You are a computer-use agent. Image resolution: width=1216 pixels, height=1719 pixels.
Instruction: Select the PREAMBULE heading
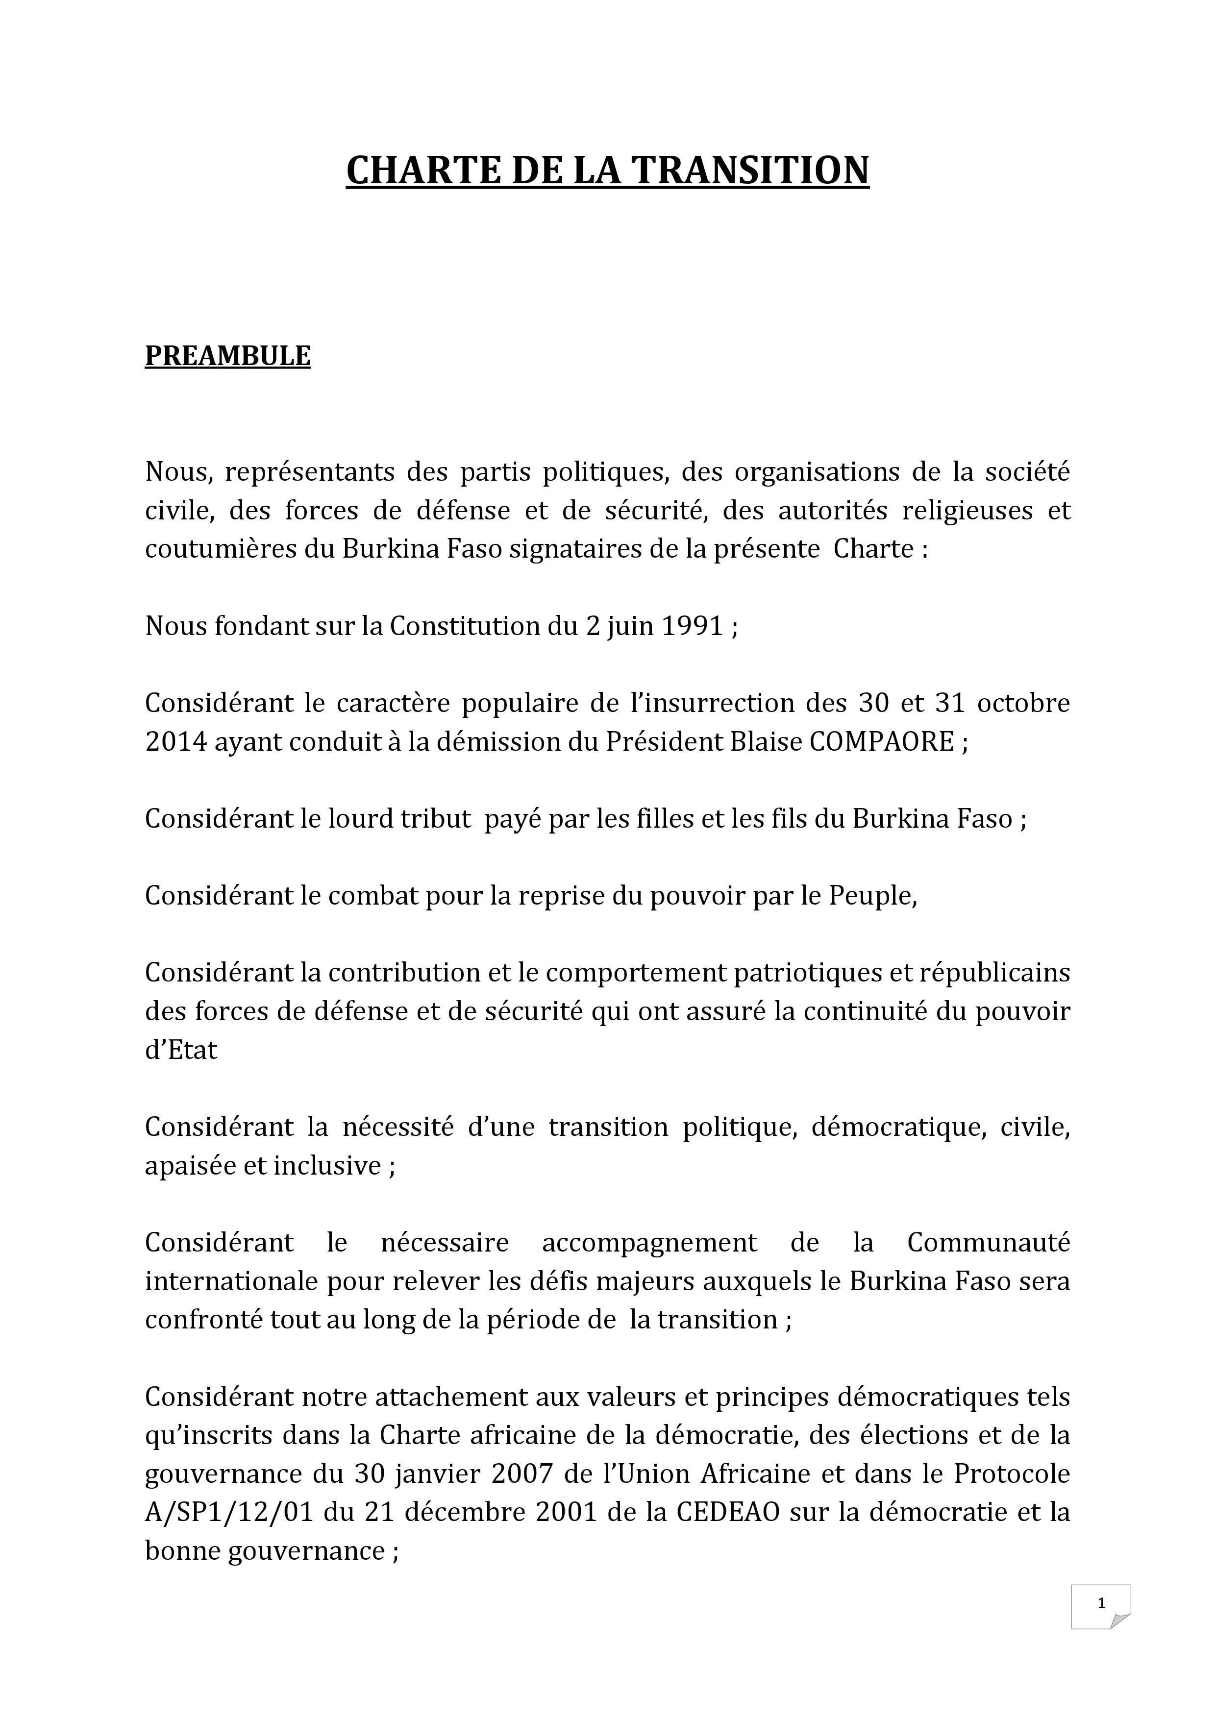[x=227, y=356]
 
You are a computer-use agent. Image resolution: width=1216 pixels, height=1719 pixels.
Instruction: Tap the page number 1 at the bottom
[x=1101, y=1624]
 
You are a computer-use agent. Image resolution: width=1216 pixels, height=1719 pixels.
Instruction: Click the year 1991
[x=693, y=626]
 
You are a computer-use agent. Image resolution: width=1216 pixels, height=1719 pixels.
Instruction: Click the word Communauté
[x=989, y=1243]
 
